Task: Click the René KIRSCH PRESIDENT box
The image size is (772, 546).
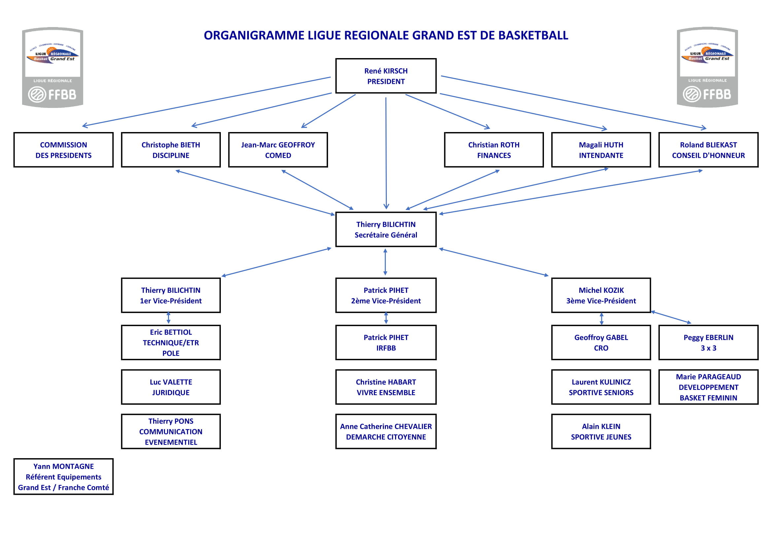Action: tap(386, 76)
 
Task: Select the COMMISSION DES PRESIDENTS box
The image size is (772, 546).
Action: tap(64, 150)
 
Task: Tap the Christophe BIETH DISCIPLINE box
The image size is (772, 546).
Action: tap(171, 150)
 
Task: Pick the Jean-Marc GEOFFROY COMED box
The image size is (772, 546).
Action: tap(278, 150)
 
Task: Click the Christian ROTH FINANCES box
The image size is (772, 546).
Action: tap(494, 150)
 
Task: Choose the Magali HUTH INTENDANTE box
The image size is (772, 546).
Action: tap(601, 150)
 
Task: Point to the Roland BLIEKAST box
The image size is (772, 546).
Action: tap(708, 150)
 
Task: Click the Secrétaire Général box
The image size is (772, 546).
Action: tap(386, 229)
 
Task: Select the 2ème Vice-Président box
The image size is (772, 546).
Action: tap(386, 295)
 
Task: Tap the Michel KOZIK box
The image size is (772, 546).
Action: tap(601, 295)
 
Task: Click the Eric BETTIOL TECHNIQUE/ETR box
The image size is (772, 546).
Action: tap(171, 343)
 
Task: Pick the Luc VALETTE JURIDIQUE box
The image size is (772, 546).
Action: tap(171, 387)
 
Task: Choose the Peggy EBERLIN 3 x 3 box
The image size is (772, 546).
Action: tap(708, 343)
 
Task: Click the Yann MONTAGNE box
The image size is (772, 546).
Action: tap(64, 477)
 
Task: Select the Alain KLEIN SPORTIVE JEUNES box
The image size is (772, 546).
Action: tap(601, 431)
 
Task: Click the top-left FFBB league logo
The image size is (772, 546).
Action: tap(53, 68)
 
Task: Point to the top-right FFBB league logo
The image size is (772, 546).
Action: tap(707, 67)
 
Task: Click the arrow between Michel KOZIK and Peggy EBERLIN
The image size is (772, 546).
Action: tap(671, 317)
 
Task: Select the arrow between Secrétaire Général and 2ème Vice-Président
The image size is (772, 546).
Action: tap(385, 262)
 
